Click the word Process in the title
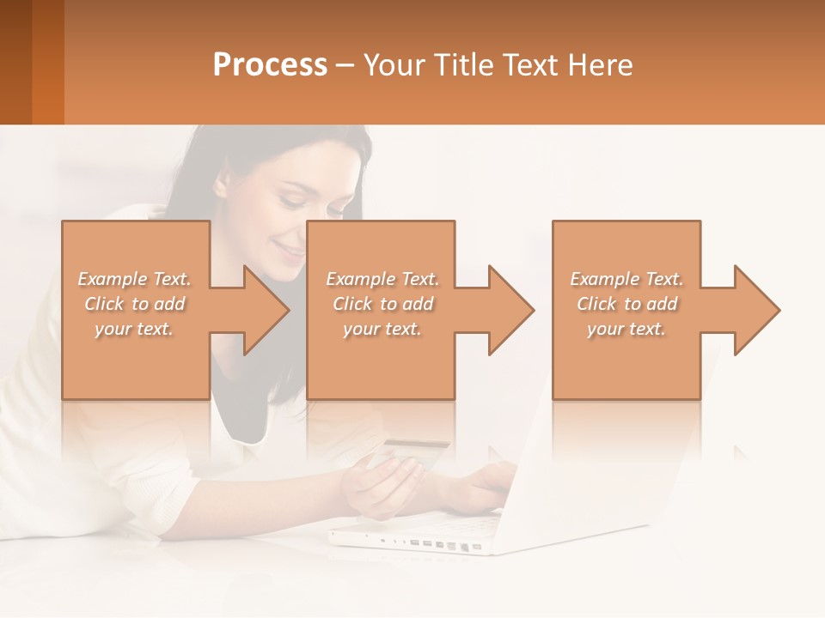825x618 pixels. tap(270, 65)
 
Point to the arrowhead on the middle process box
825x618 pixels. tap(510, 310)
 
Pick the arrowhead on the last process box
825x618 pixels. tap(755, 310)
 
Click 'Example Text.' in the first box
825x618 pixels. tap(134, 279)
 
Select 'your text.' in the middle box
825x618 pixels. tap(382, 329)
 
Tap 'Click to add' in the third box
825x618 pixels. tap(626, 304)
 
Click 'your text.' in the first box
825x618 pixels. tap(134, 329)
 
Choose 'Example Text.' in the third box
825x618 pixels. tap(626, 279)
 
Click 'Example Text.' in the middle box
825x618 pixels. tap(382, 279)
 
